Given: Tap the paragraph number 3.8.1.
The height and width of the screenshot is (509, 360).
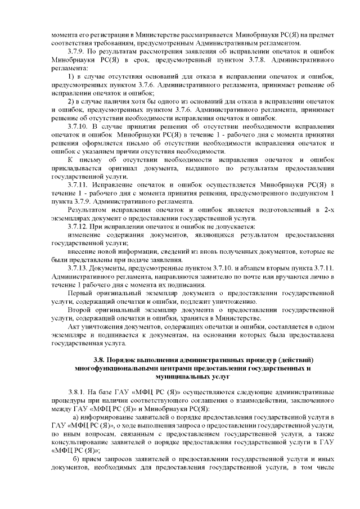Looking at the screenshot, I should point(76,391).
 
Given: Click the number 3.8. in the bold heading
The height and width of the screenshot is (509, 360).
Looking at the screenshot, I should point(99,359).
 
